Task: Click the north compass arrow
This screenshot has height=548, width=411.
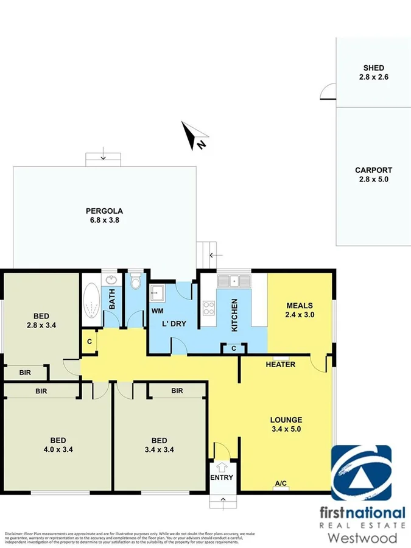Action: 195,136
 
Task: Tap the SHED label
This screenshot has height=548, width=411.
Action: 373,72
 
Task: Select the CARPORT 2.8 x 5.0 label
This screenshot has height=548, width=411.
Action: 373,175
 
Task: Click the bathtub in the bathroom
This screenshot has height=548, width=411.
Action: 92,302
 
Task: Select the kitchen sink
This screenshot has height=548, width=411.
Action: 234,281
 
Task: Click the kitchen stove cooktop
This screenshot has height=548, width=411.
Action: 208,307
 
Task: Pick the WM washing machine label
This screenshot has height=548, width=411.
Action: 156,311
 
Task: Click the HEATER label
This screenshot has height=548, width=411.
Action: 281,365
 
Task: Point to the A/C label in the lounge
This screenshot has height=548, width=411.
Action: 281,483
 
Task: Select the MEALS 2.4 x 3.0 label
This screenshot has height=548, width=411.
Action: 299,310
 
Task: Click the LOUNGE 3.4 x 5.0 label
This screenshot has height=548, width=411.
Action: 286,424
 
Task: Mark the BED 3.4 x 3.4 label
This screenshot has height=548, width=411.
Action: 160,444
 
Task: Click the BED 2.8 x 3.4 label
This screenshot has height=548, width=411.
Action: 41,320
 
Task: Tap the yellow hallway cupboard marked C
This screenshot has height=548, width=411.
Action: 89,342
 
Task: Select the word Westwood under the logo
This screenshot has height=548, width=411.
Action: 362,538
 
